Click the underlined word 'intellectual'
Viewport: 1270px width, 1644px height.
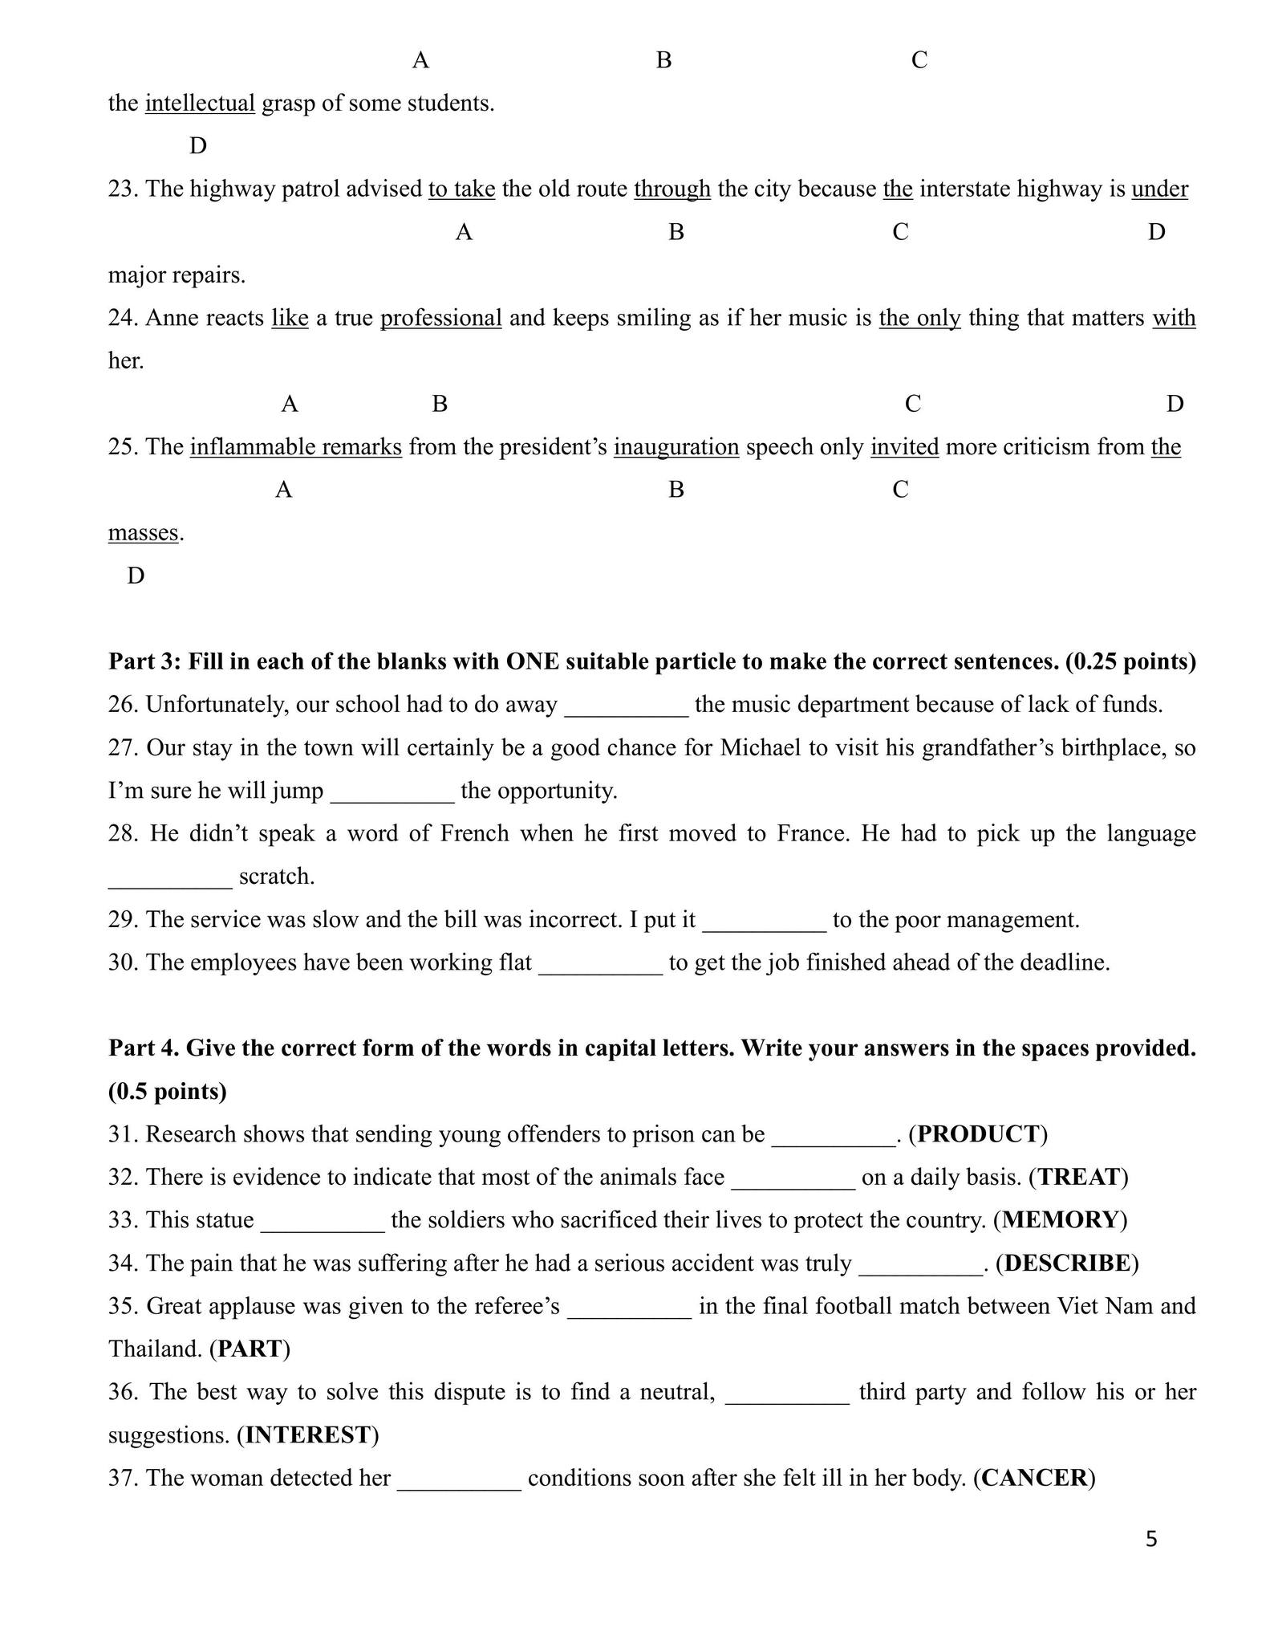[x=200, y=104]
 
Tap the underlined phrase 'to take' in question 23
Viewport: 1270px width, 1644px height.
[x=461, y=189]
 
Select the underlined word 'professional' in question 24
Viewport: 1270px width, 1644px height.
[x=440, y=319]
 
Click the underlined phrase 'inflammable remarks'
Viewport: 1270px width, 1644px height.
[x=295, y=447]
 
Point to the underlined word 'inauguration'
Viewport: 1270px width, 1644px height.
[x=676, y=447]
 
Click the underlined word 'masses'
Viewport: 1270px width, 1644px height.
[x=143, y=533]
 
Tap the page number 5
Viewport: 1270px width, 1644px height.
[x=1151, y=1539]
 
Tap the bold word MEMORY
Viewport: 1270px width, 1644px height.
[x=1059, y=1220]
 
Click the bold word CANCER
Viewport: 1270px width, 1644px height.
[x=1033, y=1478]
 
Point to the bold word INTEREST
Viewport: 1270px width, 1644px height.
[x=307, y=1435]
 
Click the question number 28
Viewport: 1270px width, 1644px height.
[x=124, y=834]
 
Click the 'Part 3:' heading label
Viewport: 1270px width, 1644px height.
[x=145, y=662]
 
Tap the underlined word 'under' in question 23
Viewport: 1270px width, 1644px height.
[x=1159, y=189]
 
